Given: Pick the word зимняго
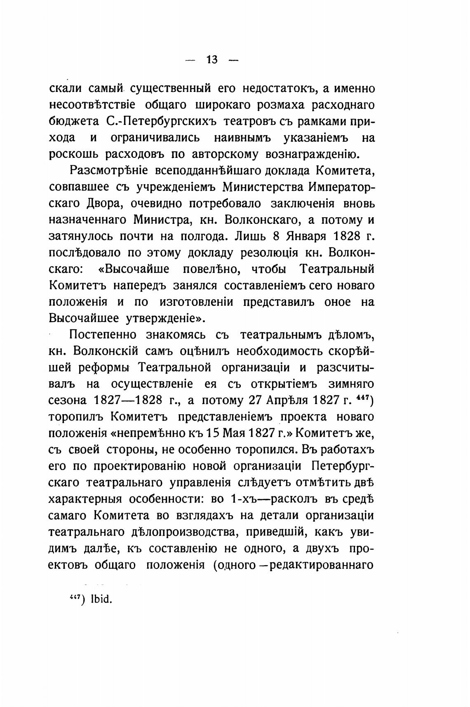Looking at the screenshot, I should tap(351, 384).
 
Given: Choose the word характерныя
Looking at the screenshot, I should tap(85, 499).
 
